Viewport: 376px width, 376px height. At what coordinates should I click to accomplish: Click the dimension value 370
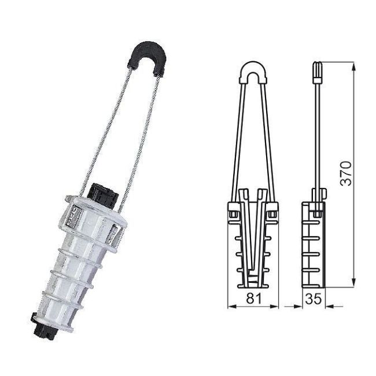point(345,172)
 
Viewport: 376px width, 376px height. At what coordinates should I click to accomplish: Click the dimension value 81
point(252,299)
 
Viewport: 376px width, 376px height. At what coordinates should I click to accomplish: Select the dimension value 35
point(313,299)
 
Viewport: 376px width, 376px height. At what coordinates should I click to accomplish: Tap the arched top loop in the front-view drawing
point(253,71)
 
